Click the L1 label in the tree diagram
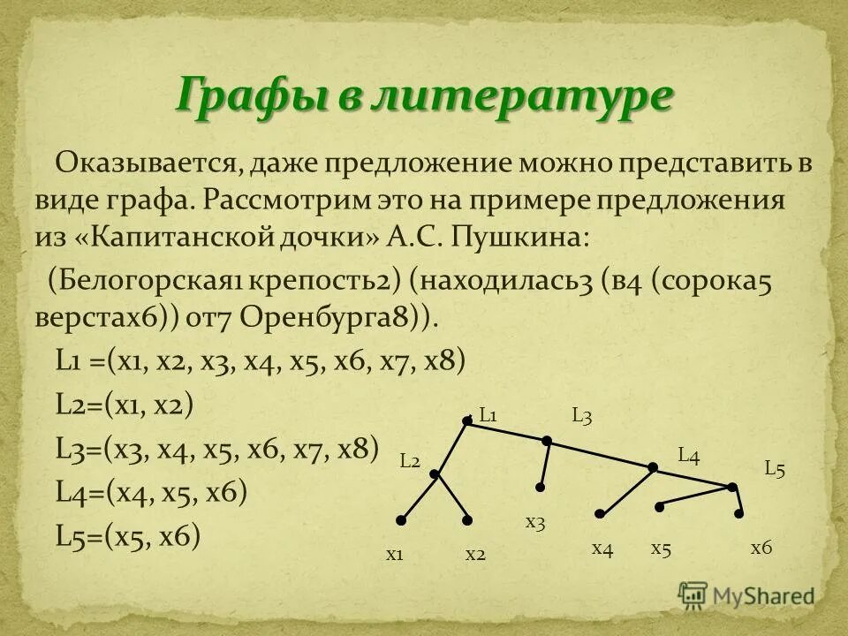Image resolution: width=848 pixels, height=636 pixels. click(489, 414)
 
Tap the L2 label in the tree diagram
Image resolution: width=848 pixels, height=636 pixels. click(409, 460)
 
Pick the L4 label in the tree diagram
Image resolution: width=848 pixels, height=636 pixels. click(688, 456)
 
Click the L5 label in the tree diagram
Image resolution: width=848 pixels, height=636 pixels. click(775, 469)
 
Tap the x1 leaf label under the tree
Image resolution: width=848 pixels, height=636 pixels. click(395, 554)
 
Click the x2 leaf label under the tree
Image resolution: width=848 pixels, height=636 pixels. click(476, 554)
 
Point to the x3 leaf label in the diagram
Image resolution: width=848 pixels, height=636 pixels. click(535, 522)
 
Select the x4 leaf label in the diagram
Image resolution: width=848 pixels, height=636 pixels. click(602, 549)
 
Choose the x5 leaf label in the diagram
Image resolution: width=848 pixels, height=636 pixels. click(662, 549)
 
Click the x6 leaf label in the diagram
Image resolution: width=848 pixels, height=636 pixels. click(761, 549)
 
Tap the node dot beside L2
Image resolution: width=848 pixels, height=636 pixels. click(435, 474)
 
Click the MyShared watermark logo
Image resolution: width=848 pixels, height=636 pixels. click(746, 594)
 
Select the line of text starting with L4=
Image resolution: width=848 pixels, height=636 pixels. click(151, 492)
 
